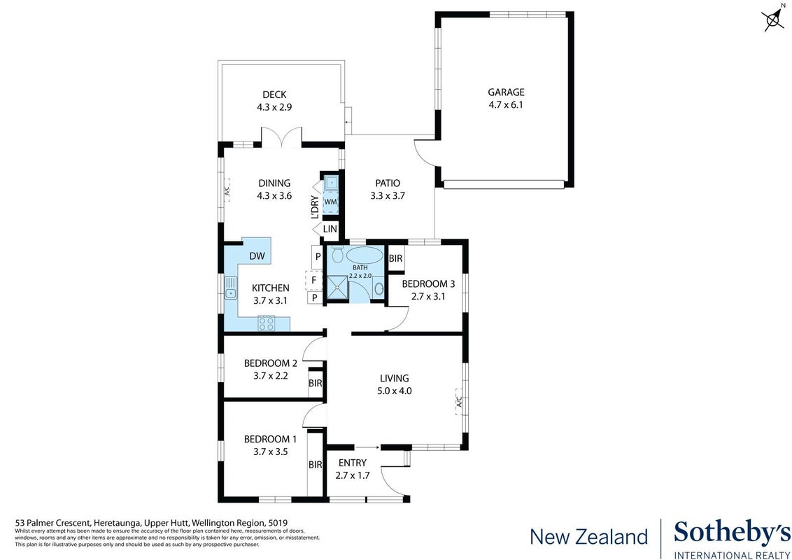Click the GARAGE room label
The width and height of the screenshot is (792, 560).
pos(506,92)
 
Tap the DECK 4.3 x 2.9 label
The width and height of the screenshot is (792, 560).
pos(274,101)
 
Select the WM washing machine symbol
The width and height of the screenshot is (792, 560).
pos(330,202)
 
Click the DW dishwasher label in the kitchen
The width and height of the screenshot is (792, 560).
pos(257,255)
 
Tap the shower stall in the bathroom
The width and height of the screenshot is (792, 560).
pos(337,288)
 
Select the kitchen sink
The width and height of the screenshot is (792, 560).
pos(230,288)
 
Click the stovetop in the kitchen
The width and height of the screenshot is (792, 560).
pos(266,323)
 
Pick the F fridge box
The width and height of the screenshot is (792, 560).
pos(313,279)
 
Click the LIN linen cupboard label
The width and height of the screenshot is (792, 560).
pos(330,229)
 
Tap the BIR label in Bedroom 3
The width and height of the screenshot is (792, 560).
pos(396,258)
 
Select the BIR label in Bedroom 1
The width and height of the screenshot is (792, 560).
pos(315,465)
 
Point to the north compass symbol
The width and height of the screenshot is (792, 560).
pos(774,19)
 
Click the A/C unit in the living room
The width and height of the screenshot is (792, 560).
pos(459,402)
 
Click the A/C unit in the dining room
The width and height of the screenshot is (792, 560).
pos(227,190)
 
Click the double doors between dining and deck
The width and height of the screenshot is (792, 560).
pos(281,137)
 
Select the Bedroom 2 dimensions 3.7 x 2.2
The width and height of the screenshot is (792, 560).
pos(271,375)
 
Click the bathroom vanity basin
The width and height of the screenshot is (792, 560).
pos(379,289)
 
